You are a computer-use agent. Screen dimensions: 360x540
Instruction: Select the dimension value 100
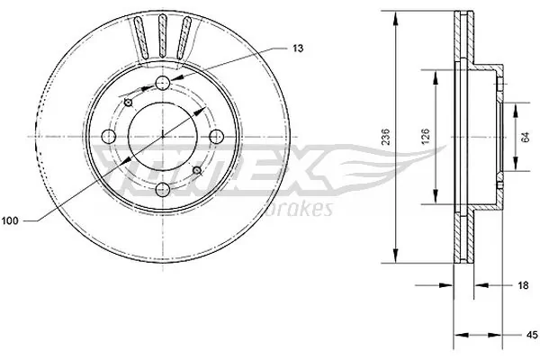[x=13, y=219]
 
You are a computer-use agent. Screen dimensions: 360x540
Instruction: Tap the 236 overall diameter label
[x=386, y=137]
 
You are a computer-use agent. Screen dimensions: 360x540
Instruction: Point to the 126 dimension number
[x=427, y=137]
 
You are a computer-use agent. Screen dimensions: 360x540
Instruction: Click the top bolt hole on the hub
[x=163, y=84]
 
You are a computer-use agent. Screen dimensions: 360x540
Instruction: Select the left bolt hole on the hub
[x=110, y=136]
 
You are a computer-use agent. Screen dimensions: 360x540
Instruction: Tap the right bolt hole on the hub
[x=216, y=136]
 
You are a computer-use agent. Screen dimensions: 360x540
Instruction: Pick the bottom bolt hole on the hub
[x=163, y=189]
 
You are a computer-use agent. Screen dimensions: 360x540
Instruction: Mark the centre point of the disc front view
[x=163, y=136]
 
